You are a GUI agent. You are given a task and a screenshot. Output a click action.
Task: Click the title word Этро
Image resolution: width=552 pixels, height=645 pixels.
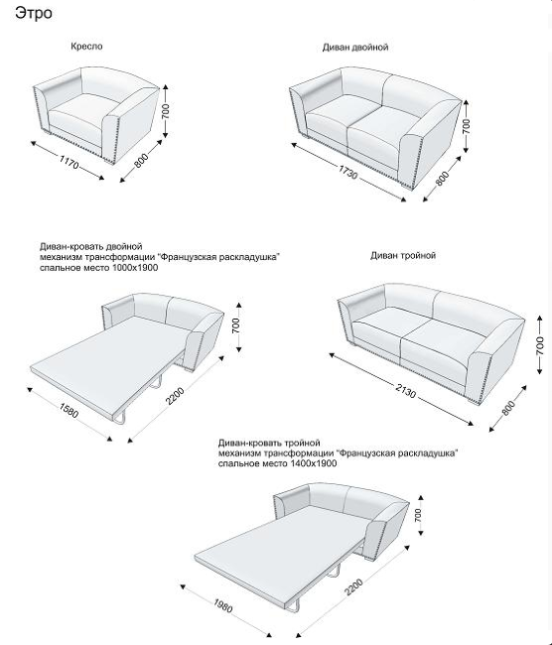point(34,13)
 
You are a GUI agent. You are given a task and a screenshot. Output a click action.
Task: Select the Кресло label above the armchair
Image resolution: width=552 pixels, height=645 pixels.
point(86,46)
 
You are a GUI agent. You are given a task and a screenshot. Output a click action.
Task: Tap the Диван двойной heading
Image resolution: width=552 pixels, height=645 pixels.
point(355,48)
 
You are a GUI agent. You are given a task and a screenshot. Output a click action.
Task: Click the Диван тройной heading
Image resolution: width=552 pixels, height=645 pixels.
point(403,255)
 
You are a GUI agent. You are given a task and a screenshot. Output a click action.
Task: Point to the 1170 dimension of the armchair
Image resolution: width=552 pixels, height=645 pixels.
point(69,162)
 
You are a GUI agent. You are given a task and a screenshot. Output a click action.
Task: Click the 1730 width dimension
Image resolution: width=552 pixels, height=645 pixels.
point(347,173)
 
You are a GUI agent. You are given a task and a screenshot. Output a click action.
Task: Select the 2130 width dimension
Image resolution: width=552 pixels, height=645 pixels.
point(406,390)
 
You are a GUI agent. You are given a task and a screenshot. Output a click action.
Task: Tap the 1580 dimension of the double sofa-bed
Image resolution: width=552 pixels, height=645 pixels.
point(69,410)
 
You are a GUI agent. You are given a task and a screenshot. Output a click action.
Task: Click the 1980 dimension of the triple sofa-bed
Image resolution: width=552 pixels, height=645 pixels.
point(223,605)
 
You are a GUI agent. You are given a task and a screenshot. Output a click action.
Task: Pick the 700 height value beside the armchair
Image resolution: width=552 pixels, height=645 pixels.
point(166,111)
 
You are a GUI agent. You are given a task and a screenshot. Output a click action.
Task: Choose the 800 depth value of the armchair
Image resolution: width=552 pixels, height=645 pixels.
point(141,161)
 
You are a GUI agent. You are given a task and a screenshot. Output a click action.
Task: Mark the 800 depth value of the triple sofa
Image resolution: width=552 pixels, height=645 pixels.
point(508,408)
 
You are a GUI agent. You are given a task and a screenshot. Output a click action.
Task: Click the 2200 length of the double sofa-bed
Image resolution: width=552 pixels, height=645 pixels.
point(176,396)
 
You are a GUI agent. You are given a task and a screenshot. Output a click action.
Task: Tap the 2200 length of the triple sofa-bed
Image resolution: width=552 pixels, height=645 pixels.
point(354,587)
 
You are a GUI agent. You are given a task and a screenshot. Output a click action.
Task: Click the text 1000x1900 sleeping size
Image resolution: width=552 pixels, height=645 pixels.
point(135,268)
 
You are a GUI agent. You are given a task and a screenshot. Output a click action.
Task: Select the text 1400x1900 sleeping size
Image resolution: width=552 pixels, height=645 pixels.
point(314,463)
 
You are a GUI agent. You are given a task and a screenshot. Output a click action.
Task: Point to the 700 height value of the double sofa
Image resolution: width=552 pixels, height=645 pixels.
point(466,126)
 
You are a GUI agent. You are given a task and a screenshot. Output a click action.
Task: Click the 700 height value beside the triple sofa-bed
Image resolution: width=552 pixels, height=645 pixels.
point(419,515)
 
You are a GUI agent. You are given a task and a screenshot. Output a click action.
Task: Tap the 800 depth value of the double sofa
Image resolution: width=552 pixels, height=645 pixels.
point(442,179)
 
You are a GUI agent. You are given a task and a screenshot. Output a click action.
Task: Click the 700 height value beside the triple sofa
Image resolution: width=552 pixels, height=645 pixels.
point(540,345)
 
